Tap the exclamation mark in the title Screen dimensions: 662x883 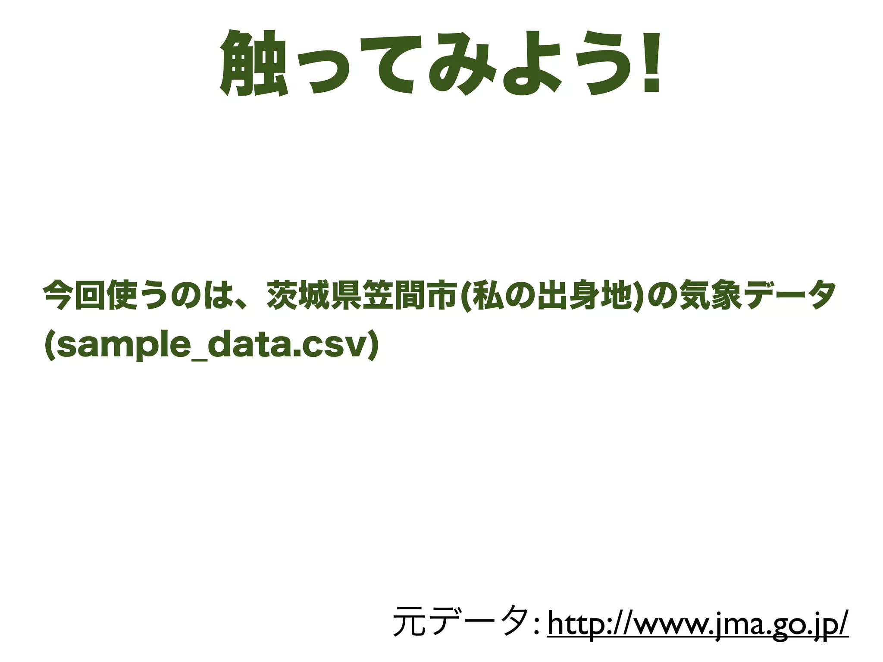651,63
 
